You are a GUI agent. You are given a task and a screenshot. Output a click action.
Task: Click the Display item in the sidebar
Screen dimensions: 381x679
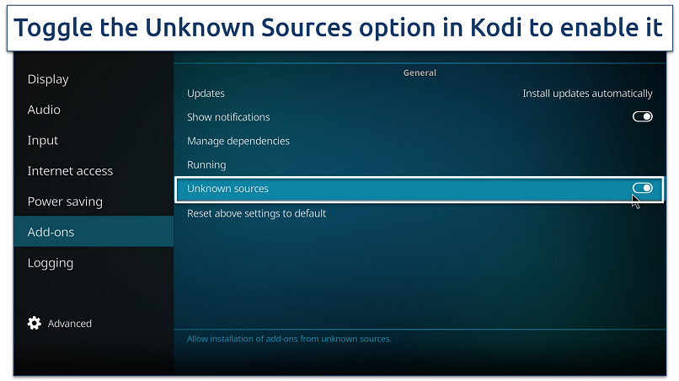coord(48,79)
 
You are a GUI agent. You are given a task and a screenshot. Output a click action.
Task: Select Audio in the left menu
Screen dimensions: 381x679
coord(44,110)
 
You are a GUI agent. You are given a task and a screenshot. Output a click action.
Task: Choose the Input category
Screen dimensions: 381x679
coord(43,140)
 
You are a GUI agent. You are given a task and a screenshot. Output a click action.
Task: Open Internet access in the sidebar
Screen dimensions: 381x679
coord(70,171)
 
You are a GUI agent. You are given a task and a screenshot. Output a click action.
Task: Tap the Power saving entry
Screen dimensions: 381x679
coord(65,201)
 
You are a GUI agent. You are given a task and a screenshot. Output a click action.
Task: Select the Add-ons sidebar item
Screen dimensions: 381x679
coord(51,232)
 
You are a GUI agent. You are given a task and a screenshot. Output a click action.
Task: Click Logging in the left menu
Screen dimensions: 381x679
coord(51,263)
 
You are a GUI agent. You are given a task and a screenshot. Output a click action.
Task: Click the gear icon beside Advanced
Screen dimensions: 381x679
coord(35,323)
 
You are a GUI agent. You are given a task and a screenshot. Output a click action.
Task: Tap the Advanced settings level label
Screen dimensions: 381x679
coord(70,324)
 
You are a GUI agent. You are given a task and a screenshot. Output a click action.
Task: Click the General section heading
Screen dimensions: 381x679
coord(420,73)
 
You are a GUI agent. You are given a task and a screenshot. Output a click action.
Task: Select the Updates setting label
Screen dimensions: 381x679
coord(206,94)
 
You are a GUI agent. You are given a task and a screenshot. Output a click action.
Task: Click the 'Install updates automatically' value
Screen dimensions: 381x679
coord(587,94)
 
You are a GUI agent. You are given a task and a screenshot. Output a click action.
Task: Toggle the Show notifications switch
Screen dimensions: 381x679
coord(642,117)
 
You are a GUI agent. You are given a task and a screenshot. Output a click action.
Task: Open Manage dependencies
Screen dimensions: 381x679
coord(238,141)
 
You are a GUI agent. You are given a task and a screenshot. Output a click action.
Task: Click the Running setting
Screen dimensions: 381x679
coord(206,165)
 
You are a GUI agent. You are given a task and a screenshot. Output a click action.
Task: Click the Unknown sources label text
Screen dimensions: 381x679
coord(227,189)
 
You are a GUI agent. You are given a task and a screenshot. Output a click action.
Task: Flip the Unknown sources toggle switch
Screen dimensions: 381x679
coord(642,188)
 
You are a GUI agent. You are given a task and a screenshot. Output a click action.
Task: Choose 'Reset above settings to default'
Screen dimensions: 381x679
coord(256,213)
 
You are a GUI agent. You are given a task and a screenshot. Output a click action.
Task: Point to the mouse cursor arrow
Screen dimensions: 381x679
coord(635,201)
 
